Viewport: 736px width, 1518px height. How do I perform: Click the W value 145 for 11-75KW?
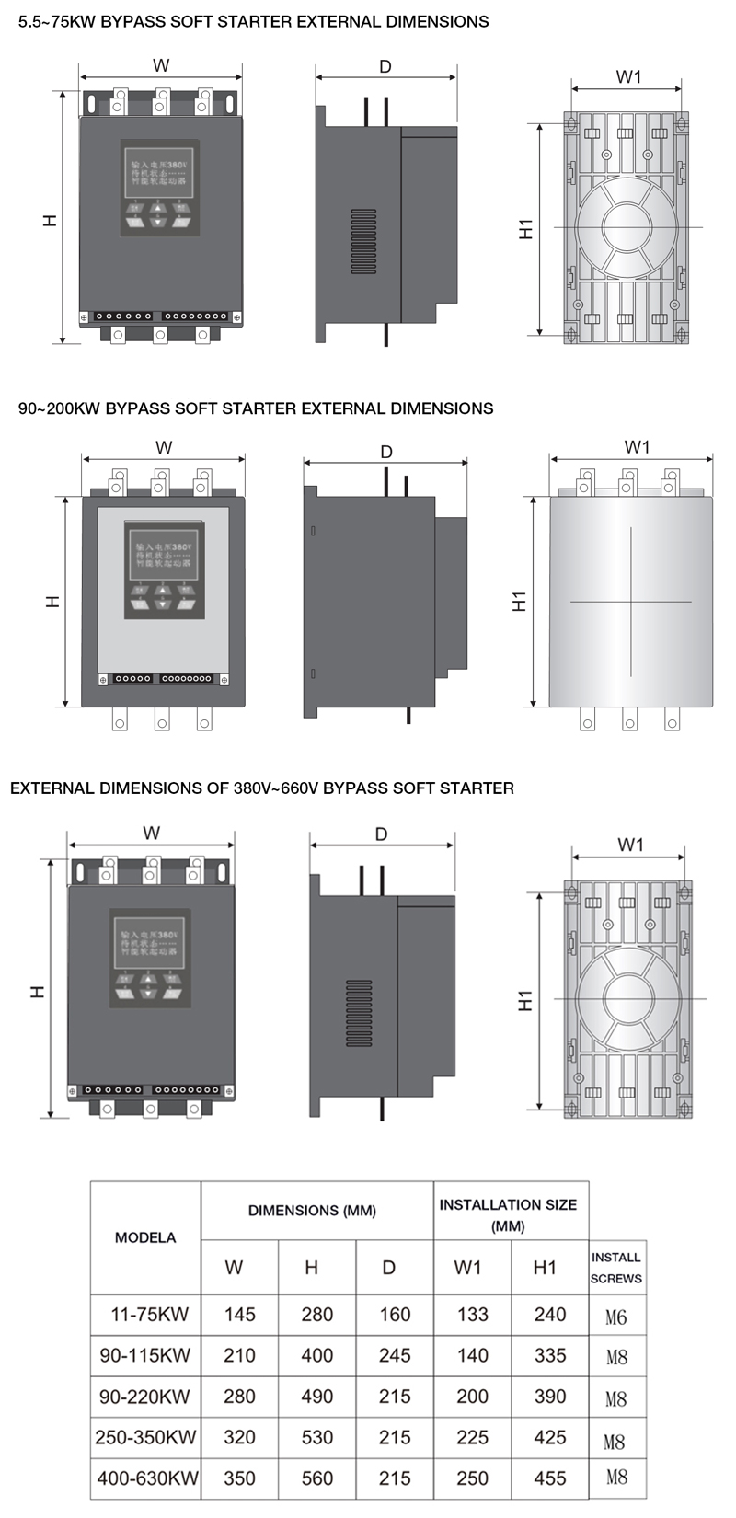coord(239,1315)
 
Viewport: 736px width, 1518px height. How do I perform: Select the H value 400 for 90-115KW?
coord(316,1355)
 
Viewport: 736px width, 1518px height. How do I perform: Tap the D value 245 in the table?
coord(395,1355)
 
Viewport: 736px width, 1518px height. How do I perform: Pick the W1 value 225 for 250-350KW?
coord(472,1437)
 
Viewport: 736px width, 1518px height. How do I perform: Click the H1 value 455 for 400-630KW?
coord(550,1478)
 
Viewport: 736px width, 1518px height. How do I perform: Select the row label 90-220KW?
coord(144,1397)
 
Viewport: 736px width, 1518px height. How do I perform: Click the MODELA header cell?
coord(145,1237)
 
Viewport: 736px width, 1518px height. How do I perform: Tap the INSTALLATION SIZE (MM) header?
coord(508,1214)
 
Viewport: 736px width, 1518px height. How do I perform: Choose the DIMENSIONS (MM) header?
coord(312,1211)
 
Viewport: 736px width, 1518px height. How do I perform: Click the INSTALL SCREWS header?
coord(615,1268)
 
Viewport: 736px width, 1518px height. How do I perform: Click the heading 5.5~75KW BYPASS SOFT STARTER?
coord(254,21)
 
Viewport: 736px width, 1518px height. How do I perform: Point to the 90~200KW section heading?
coord(256,408)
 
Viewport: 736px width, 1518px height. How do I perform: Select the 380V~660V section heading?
coord(262,788)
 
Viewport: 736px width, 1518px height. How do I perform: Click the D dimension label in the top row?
coord(385,66)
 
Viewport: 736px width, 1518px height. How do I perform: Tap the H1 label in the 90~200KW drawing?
coord(520,602)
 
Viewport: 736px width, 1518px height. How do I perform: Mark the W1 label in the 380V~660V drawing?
coord(630,845)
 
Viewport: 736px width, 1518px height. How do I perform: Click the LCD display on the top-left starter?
coord(158,168)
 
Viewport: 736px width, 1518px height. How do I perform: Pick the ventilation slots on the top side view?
coord(363,241)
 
